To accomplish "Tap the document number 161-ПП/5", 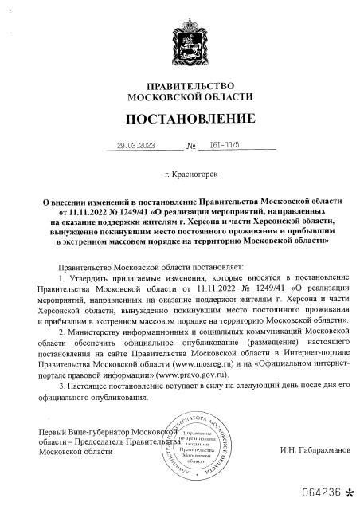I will (224, 146).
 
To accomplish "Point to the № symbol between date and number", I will (190, 147).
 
